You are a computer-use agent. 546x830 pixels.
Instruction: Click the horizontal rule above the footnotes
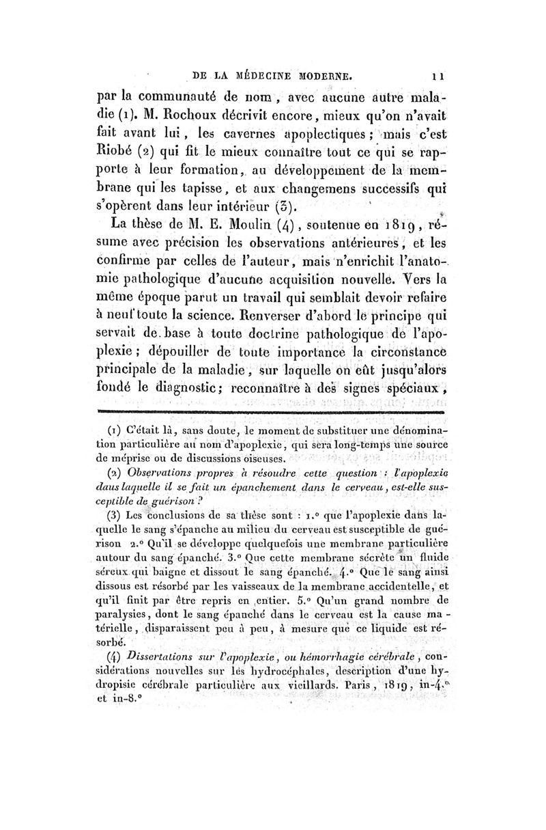pyautogui.click(x=273, y=413)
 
